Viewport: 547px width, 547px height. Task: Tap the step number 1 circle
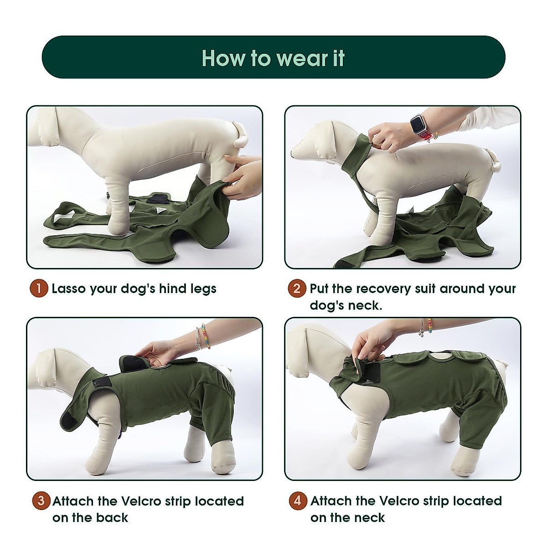click(x=39, y=289)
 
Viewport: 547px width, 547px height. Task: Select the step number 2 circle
click(x=297, y=289)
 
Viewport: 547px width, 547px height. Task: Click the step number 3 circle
click(x=41, y=501)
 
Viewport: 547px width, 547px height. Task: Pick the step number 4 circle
click(x=298, y=501)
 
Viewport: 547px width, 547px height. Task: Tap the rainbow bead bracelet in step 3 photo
click(x=206, y=336)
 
